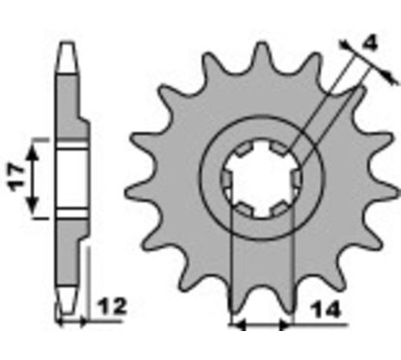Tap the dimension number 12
112,306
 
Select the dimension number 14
326,310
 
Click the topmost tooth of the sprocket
261,53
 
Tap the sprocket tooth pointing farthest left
137,193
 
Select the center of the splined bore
262,178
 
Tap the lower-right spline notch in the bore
279,209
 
